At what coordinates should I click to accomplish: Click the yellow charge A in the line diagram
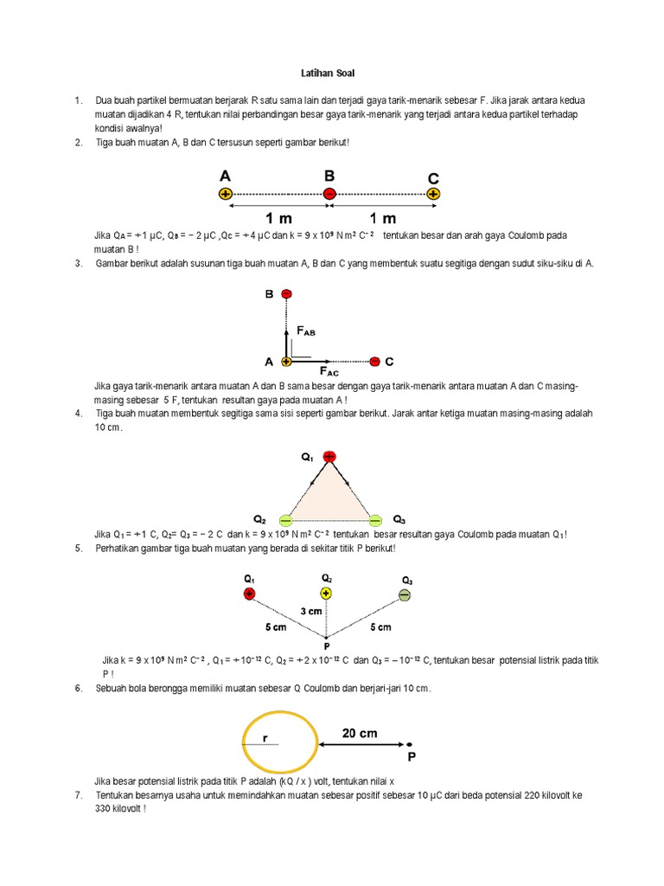[x=226, y=195]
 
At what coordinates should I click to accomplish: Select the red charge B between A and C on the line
[x=329, y=195]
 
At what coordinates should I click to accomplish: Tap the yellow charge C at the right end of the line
[x=434, y=195]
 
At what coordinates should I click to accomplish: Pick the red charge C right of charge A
[x=374, y=361]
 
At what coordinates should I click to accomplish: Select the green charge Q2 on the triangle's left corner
[x=286, y=520]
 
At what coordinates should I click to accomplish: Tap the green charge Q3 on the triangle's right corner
[x=374, y=520]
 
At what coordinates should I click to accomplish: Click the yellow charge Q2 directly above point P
[x=326, y=594]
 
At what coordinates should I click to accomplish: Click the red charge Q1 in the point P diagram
[x=249, y=594]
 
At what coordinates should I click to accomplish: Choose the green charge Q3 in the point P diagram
[x=404, y=594]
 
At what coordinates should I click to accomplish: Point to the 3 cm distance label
[x=311, y=611]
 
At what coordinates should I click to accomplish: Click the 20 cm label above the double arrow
[x=360, y=733]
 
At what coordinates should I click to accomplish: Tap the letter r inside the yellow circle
[x=266, y=740]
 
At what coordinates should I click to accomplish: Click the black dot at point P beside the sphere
[x=410, y=744]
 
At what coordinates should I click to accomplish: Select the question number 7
[x=78, y=795]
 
